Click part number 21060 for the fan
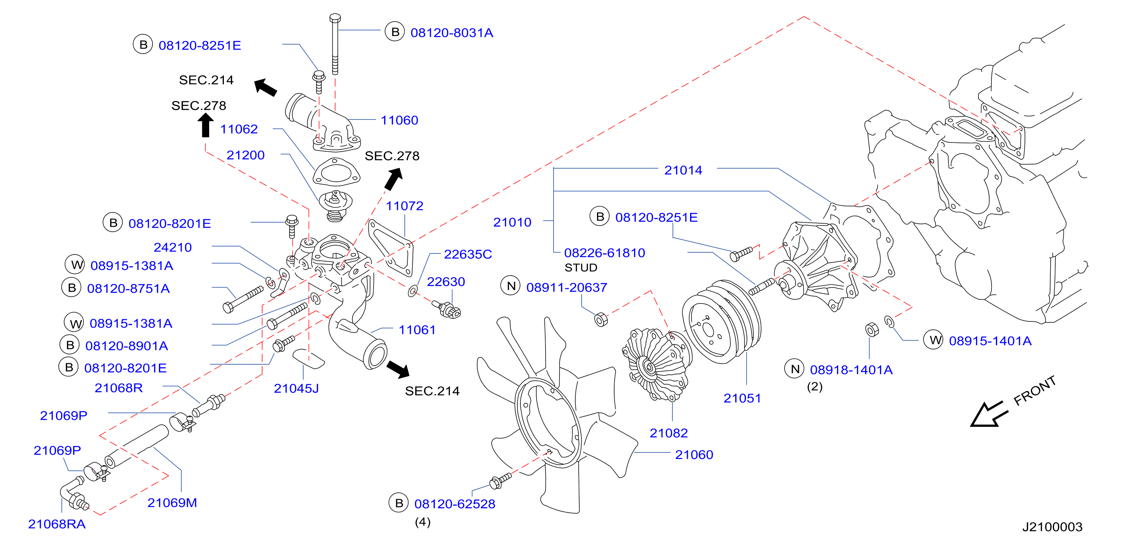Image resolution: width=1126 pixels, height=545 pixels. click(x=694, y=455)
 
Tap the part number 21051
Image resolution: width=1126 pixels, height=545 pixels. click(x=742, y=398)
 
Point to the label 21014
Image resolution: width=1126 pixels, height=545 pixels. click(x=683, y=170)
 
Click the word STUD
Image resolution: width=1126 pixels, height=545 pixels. click(x=580, y=267)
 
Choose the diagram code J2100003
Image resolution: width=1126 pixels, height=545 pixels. click(x=1052, y=527)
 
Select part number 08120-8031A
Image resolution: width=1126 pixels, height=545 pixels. click(x=451, y=33)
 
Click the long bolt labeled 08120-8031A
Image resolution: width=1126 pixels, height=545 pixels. click(x=335, y=44)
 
